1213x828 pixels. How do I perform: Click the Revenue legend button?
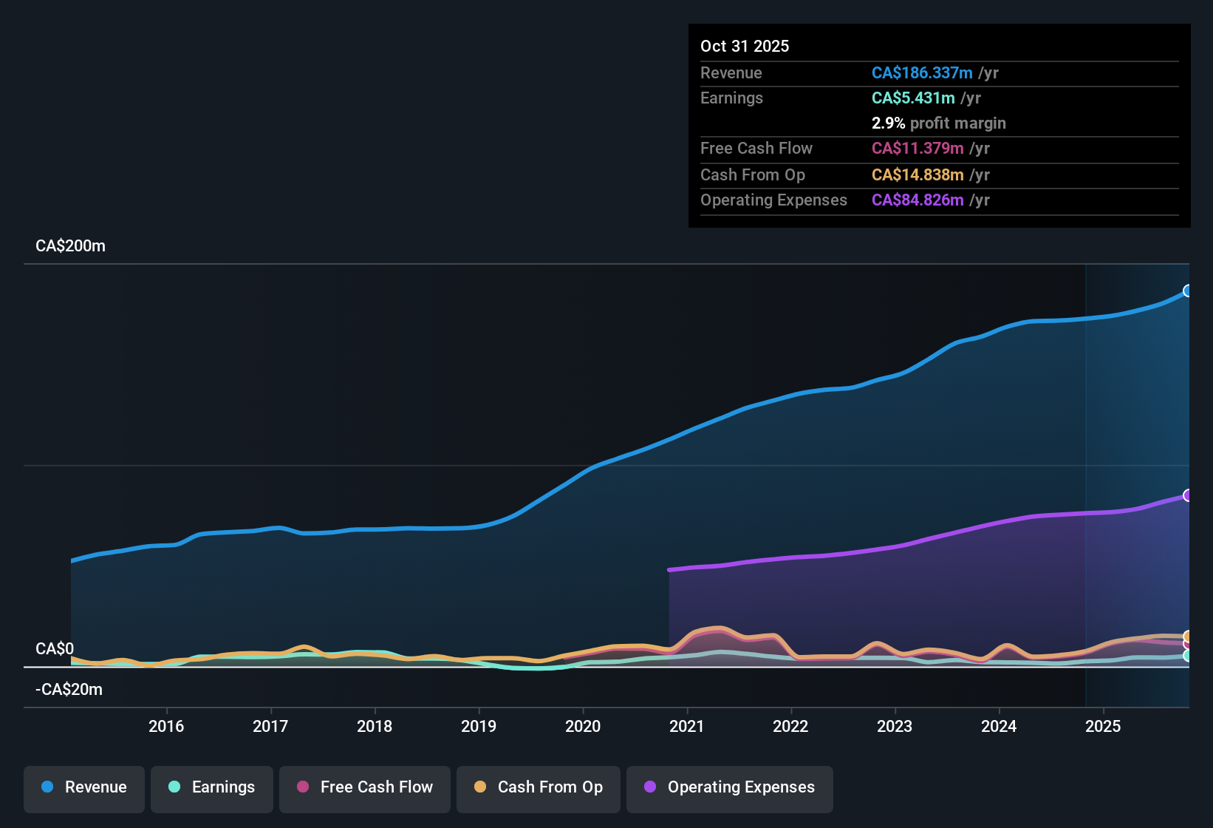pos(84,787)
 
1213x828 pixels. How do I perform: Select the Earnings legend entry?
pos(212,787)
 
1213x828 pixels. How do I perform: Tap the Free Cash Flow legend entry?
pos(365,787)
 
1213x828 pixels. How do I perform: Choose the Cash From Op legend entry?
pos(539,787)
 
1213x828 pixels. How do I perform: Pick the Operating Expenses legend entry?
pos(730,787)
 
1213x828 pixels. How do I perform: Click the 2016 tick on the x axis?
pos(166,726)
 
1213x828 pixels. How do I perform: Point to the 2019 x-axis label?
pos(479,726)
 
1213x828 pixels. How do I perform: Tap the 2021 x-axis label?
pos(687,726)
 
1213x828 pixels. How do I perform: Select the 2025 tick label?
pos(1103,726)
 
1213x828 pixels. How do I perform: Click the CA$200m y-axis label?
pos(70,246)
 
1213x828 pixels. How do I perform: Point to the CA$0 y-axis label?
pos(55,649)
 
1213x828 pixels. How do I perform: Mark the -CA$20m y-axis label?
pos(69,690)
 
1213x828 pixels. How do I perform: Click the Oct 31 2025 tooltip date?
pos(745,46)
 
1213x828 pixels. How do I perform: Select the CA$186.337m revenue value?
pos(921,73)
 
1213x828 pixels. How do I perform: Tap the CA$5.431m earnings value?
pos(913,98)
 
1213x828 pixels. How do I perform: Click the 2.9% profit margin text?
pos(938,123)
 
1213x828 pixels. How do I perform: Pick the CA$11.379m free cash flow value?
pos(918,149)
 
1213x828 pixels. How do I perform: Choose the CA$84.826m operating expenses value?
pos(918,200)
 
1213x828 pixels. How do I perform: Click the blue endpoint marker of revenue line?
pos(1187,291)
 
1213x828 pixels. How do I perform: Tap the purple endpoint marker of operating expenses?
pos(1187,495)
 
